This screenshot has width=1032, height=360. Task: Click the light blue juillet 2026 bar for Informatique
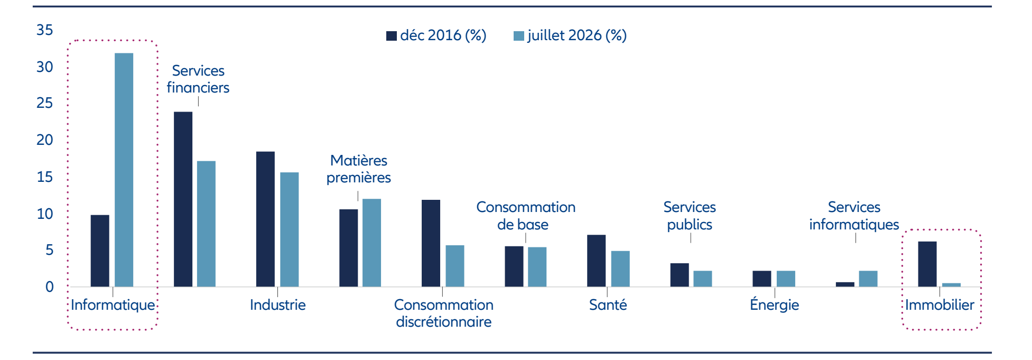(x=124, y=170)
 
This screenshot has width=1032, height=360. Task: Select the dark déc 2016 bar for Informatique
(x=100, y=251)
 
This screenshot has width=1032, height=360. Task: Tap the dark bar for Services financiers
(x=183, y=199)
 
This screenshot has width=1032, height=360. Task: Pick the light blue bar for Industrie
(x=289, y=229)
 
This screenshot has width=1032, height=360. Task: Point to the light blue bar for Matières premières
(x=371, y=243)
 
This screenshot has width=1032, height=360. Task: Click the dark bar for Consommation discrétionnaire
(x=431, y=243)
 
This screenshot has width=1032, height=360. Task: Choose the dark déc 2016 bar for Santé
(x=596, y=261)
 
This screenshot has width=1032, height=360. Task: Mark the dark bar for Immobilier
(x=927, y=264)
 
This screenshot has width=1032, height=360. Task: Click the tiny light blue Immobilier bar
(x=951, y=285)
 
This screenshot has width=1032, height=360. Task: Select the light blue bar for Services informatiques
(x=868, y=279)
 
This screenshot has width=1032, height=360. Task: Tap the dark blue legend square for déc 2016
(x=392, y=36)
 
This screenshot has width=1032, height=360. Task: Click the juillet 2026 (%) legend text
(x=577, y=35)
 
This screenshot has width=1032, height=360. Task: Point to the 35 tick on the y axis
(x=45, y=30)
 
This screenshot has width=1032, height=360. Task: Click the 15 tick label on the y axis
(x=45, y=177)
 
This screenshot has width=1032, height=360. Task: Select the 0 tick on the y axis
(x=49, y=287)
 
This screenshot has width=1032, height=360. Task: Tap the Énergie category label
(x=774, y=304)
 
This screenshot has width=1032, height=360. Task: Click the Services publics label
(x=690, y=216)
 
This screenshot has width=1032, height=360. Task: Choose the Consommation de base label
(x=526, y=216)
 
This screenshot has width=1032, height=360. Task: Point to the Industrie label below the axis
(x=277, y=304)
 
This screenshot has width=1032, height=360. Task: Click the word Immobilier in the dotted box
(x=940, y=304)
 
